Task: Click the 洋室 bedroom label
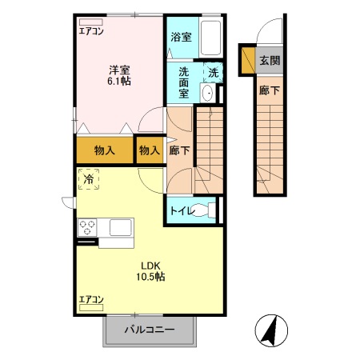[121, 69]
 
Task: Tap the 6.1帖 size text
[121, 81]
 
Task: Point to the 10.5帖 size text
[152, 277]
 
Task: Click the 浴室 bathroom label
[181, 37]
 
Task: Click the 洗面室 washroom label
[184, 82]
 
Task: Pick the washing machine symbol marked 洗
[213, 72]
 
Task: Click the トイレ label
[179, 211]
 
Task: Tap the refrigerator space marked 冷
[89, 180]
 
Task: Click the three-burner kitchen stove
[87, 227]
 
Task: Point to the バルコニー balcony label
[149, 330]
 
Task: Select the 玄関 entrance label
[269, 61]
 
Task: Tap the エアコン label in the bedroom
[92, 32]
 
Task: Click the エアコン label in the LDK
[92, 299]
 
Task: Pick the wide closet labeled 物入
[104, 150]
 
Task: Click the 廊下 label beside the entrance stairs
[269, 90]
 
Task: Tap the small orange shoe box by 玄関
[247, 59]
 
